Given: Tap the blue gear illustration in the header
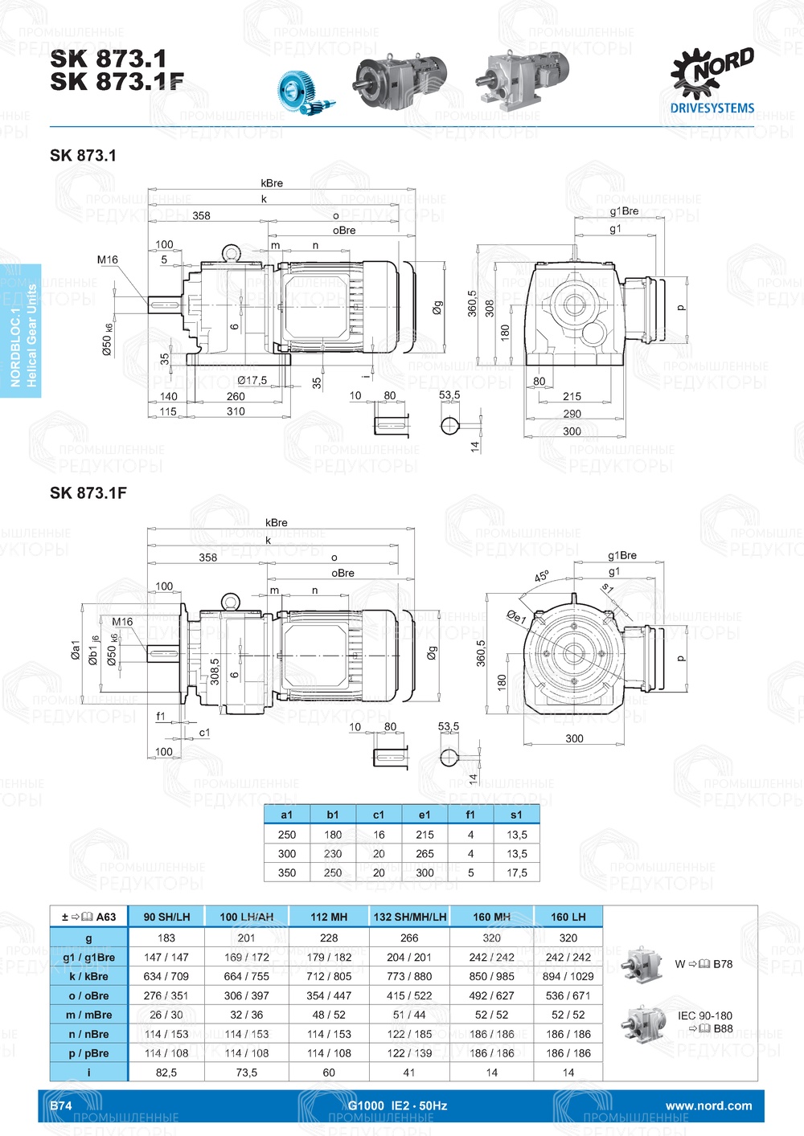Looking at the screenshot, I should [x=305, y=91].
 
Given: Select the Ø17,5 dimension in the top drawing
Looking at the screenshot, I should [x=252, y=380].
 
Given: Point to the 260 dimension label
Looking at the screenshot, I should [x=236, y=396].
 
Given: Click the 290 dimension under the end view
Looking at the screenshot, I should [x=572, y=414].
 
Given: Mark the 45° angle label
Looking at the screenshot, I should [x=542, y=577].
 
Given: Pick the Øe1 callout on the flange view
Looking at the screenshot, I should [x=515, y=618].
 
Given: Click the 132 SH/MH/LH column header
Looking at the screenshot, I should [x=409, y=917].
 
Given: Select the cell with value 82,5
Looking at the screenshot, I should [x=166, y=1073].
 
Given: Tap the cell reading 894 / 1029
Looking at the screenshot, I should [x=568, y=976].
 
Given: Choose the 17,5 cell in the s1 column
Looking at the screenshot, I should [x=517, y=872].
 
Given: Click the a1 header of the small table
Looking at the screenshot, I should [x=287, y=815].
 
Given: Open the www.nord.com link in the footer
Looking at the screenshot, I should [x=708, y=1105].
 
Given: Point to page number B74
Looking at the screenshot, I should [x=61, y=1105].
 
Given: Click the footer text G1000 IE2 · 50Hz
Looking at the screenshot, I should [x=397, y=1105].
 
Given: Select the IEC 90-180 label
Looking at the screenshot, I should [x=704, y=1015].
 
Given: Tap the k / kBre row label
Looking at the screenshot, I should [x=88, y=976].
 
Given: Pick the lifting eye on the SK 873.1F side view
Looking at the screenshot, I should [x=232, y=601].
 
